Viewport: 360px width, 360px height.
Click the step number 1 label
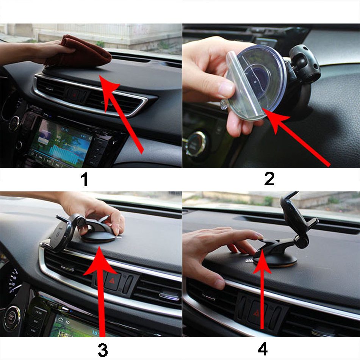click(x=85, y=179)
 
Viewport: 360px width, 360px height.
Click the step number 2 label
click(x=269, y=178)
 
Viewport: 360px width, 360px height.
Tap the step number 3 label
click(x=103, y=350)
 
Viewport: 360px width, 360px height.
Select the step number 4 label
click(x=263, y=349)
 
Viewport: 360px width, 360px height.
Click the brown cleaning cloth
click(x=78, y=52)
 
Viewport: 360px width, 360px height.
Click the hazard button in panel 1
click(x=74, y=95)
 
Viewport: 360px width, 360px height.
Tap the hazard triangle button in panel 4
click(x=256, y=313)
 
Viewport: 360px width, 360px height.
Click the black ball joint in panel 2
click(x=304, y=64)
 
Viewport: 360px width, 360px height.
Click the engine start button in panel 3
click(x=11, y=318)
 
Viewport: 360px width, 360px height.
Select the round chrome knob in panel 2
click(x=196, y=144)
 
